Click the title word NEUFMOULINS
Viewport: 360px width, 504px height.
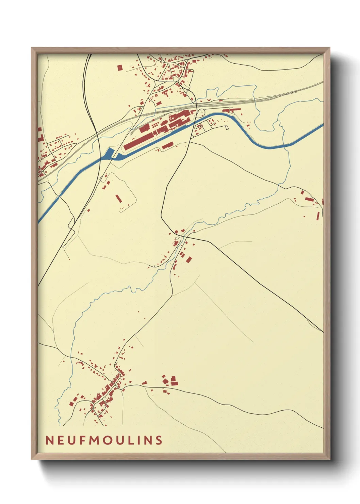pos(104,440)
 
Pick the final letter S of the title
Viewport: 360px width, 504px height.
pos(159,440)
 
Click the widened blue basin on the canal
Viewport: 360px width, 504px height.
pos(110,154)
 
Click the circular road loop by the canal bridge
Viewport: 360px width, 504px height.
pos(200,112)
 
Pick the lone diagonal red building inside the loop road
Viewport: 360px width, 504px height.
pos(118,198)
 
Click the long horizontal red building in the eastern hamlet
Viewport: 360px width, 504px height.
pos(309,199)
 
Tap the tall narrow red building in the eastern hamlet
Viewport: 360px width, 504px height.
pos(318,216)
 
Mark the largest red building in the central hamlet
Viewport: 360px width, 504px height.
pos(189,260)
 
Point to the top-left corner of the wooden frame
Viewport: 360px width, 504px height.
pos(32,48)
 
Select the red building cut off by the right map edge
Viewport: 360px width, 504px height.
pos(322,202)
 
